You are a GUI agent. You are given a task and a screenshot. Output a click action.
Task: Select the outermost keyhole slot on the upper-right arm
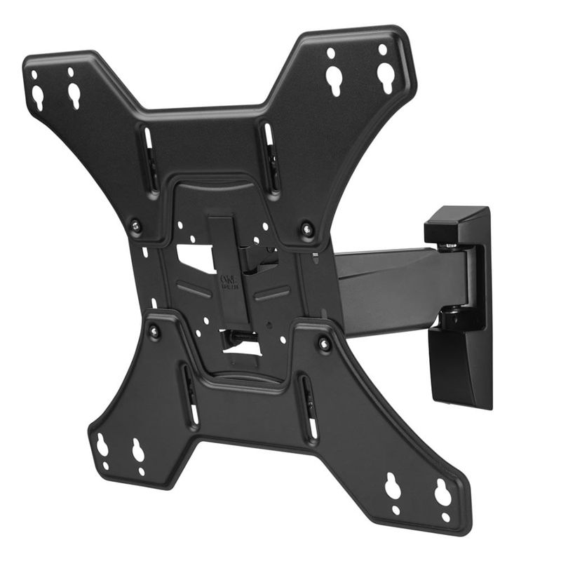point(385,73)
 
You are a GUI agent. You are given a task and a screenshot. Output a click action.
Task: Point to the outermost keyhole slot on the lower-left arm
point(102,445)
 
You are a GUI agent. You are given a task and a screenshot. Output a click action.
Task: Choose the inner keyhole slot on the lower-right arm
point(393,485)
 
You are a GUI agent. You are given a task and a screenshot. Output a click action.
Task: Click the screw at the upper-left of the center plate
point(136,226)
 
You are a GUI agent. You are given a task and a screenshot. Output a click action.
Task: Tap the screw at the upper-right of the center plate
point(306,228)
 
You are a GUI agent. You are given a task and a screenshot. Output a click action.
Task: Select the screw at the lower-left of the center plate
point(154,330)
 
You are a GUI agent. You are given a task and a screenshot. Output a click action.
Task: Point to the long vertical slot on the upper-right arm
point(271,158)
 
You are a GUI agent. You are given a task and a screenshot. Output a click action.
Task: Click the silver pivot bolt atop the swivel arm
point(448,246)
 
